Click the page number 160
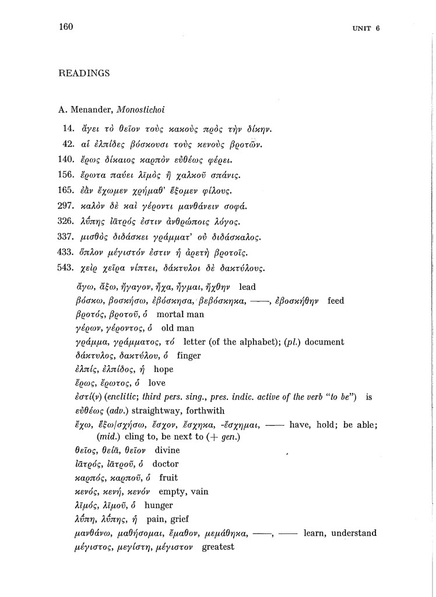coord(66,26)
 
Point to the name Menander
coord(93,109)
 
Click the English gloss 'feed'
coord(336,301)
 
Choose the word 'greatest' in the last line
coord(217,547)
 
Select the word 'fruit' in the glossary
coord(168,478)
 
